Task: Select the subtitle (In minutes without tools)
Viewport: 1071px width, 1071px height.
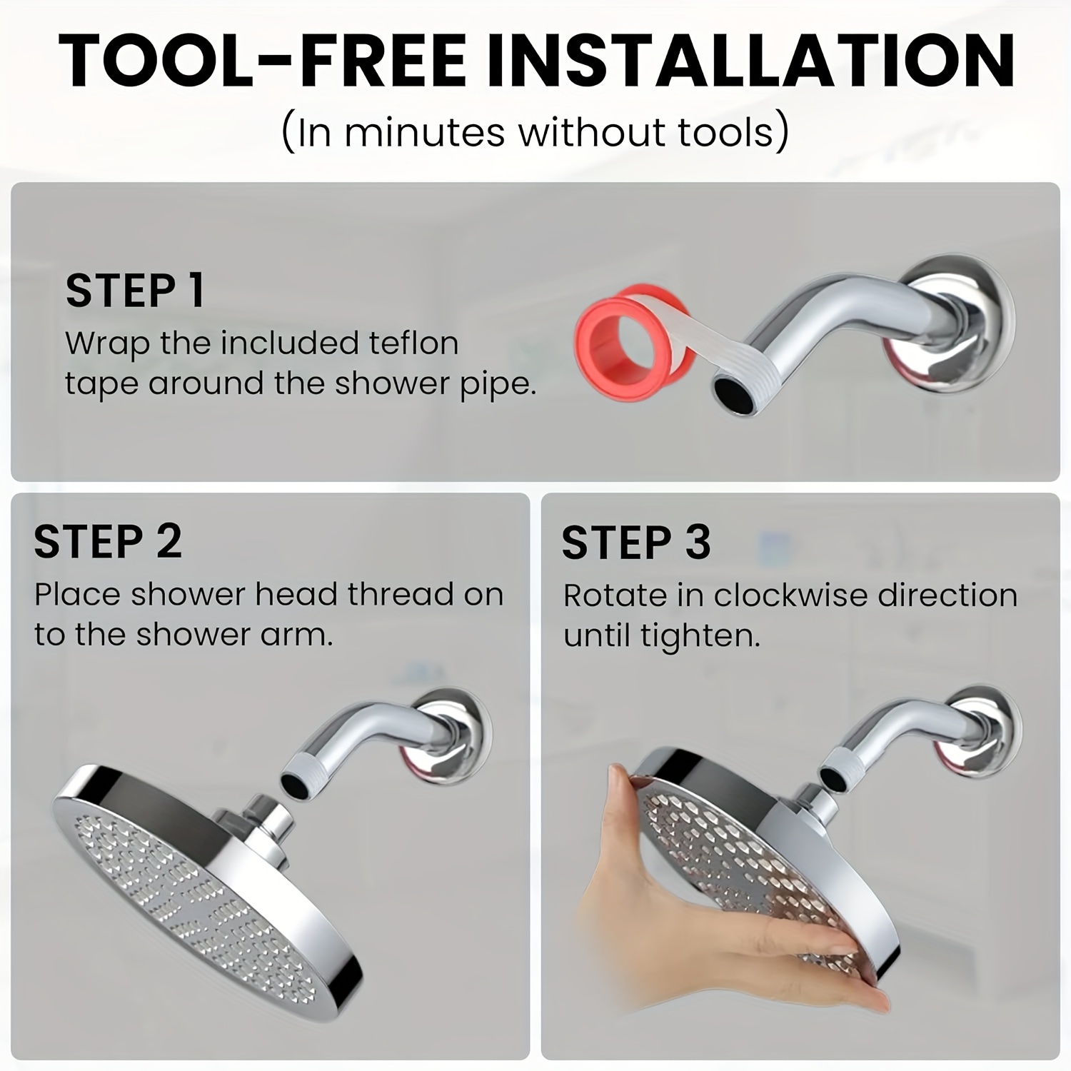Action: [x=535, y=132]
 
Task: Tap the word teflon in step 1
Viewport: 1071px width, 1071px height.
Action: [x=413, y=343]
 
